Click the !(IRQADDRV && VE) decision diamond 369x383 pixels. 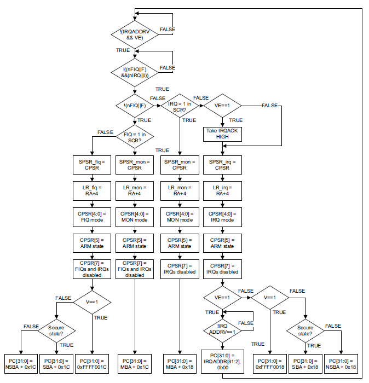click(x=135, y=35)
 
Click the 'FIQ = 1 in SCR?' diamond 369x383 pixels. click(x=135, y=137)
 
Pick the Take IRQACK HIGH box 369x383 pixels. click(x=222, y=134)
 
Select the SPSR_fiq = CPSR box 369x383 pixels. click(x=92, y=164)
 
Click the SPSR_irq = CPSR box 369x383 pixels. click(x=222, y=164)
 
